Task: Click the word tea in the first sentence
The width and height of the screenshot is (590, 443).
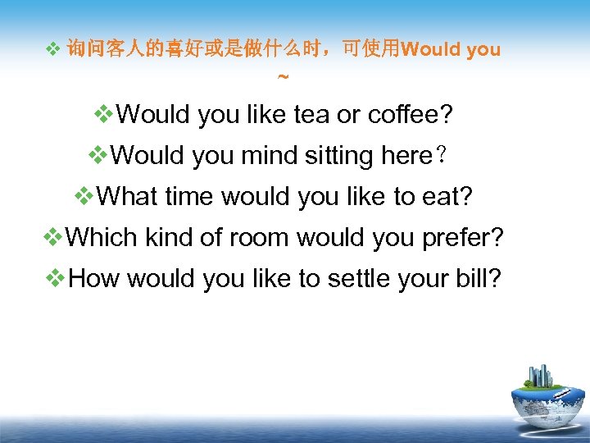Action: coord(312,115)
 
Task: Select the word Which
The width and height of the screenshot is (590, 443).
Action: coord(102,238)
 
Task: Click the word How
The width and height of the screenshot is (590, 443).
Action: coord(95,279)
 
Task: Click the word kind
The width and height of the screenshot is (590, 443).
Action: coord(171,238)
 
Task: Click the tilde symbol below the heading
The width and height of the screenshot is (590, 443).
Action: coord(283,78)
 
